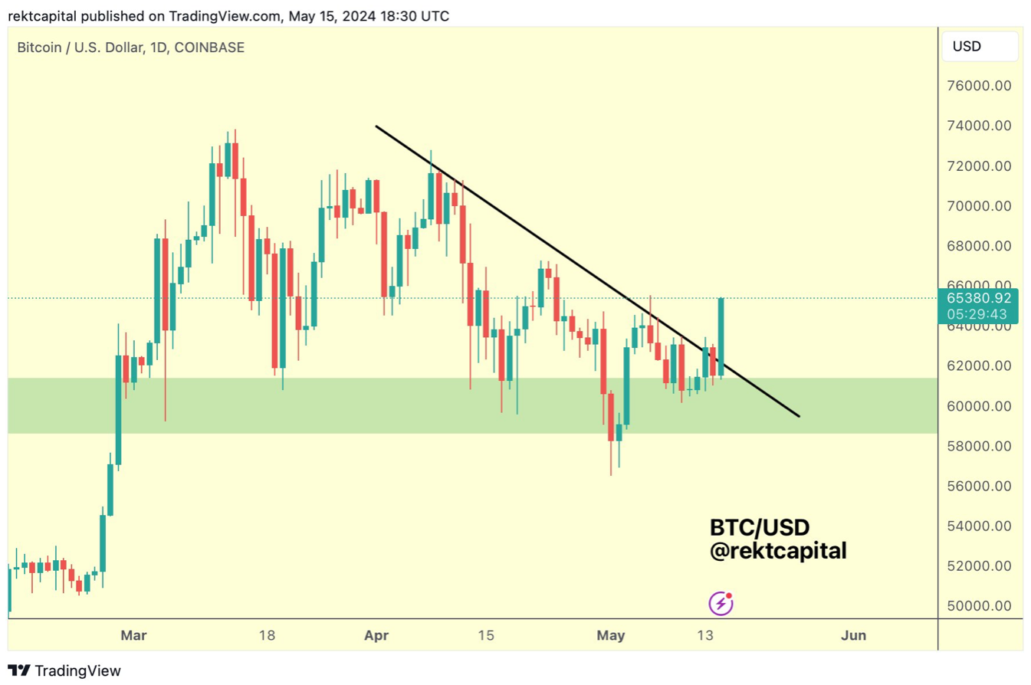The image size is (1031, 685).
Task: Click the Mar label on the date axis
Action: [x=133, y=635]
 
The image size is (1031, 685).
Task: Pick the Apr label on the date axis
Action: [x=376, y=635]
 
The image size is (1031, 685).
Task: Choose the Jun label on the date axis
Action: [x=853, y=635]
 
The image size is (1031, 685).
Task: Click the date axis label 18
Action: [x=267, y=635]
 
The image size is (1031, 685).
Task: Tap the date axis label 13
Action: [x=705, y=635]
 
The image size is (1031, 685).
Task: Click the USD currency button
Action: [x=967, y=47]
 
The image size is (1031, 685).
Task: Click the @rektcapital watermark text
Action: [x=777, y=550]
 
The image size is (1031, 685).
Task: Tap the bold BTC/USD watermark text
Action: [x=760, y=528]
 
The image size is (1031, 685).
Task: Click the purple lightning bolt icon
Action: [x=721, y=604]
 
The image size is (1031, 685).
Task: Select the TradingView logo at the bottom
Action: [x=64, y=670]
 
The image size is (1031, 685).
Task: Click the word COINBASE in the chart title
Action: [x=209, y=48]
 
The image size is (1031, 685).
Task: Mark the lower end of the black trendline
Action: [x=799, y=416]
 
